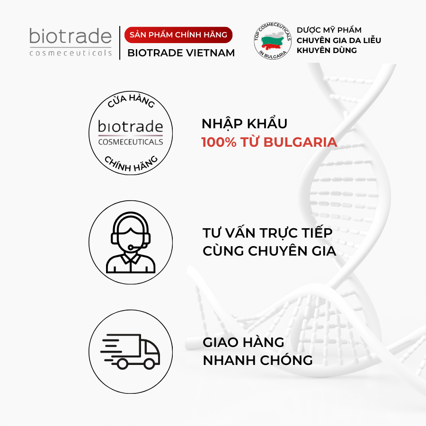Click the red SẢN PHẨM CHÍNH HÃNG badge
(x=178, y=35)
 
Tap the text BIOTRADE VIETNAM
(x=181, y=53)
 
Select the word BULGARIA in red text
(x=300, y=142)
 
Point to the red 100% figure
(x=219, y=142)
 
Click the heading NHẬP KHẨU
(x=244, y=123)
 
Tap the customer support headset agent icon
(x=131, y=242)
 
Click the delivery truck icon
(x=130, y=351)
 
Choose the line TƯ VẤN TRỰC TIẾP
(x=267, y=232)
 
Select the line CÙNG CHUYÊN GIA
(x=269, y=250)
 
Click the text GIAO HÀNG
(x=243, y=342)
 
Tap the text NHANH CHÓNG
(x=257, y=360)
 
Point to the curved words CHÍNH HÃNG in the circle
(x=131, y=164)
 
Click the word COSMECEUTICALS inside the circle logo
(x=131, y=142)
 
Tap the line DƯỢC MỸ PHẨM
(x=329, y=30)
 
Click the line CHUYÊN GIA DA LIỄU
(x=339, y=40)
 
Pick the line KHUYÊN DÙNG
(x=327, y=50)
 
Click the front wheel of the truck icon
(x=149, y=364)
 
